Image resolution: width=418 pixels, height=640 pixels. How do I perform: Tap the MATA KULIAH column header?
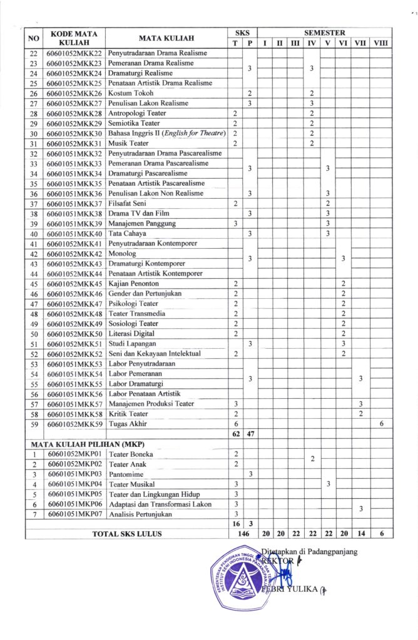click(166, 36)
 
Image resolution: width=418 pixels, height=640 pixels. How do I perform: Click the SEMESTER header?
click(324, 31)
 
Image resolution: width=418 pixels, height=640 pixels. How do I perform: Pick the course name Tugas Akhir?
click(128, 423)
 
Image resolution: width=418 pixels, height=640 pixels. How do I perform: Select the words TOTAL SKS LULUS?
click(127, 534)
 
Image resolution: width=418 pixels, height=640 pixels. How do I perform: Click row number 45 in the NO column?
click(34, 283)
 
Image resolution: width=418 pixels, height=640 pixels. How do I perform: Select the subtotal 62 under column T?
click(235, 433)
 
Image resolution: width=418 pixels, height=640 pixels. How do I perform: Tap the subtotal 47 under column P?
click(250, 433)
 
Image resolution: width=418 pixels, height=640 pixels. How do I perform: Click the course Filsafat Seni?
click(130, 203)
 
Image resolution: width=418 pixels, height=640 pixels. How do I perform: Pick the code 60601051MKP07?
click(74, 514)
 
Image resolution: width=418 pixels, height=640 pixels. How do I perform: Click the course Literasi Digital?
click(131, 333)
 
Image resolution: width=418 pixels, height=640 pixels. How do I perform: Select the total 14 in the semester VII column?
click(360, 533)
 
